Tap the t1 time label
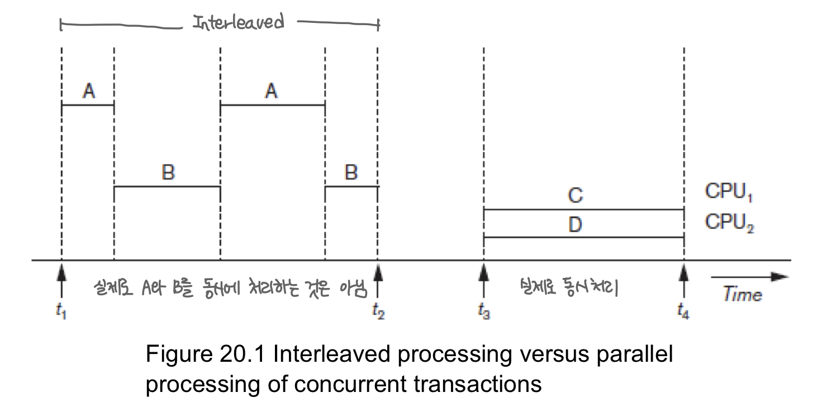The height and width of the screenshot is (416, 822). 61,312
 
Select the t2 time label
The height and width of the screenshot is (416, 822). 378,312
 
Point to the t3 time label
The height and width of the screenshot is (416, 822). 484,312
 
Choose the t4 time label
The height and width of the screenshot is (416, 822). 683,312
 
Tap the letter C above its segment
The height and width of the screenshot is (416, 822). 575,195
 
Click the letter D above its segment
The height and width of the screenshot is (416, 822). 575,225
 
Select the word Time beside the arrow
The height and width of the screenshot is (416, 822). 743,294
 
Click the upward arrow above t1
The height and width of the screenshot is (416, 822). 61,277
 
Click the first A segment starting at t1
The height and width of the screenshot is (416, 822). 88,105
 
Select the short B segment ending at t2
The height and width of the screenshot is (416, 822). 351,187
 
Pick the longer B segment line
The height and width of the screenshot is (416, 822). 167,187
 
